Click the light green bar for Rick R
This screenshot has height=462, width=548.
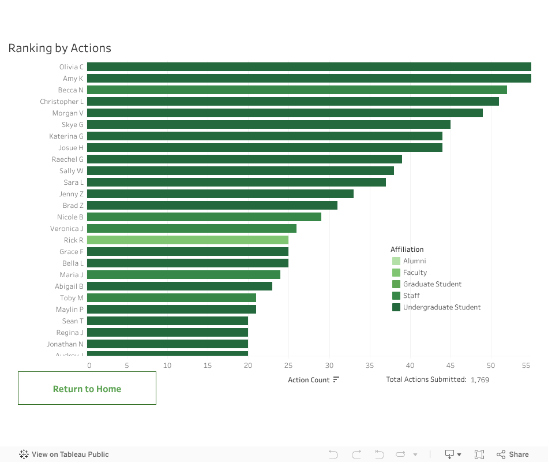pyautogui.click(x=187, y=240)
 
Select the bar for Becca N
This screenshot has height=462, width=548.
pyautogui.click(x=296, y=90)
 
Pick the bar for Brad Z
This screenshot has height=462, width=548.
pyautogui.click(x=212, y=206)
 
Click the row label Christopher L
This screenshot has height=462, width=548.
pyautogui.click(x=62, y=102)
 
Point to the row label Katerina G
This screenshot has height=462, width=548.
pyautogui.click(x=66, y=136)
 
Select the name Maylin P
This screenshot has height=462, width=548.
pyautogui.click(x=70, y=310)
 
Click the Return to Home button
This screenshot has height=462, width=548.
pyautogui.click(x=87, y=389)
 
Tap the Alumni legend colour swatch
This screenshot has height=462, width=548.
pyautogui.click(x=396, y=261)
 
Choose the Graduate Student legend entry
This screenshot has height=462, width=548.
pyautogui.click(x=432, y=284)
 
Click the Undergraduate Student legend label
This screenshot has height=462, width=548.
pyautogui.click(x=442, y=307)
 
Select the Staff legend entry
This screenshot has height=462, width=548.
pyautogui.click(x=411, y=296)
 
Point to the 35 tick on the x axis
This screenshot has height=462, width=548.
pyautogui.click(x=370, y=366)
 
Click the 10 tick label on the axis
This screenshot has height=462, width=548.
pyautogui.click(x=167, y=366)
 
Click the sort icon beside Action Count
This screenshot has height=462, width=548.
pyautogui.click(x=336, y=379)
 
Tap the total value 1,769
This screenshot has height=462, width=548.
pyautogui.click(x=480, y=380)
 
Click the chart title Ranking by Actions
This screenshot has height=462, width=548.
pyautogui.click(x=59, y=49)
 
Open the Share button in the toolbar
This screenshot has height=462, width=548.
pyautogui.click(x=513, y=454)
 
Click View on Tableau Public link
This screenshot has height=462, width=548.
pyautogui.click(x=64, y=454)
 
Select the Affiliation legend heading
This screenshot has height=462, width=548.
pyautogui.click(x=407, y=249)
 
